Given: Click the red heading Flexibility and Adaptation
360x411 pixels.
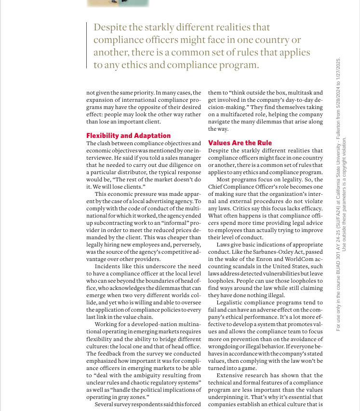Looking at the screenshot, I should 128,136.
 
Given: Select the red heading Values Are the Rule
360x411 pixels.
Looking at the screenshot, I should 240,143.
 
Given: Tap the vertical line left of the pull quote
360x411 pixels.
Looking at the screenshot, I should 87,46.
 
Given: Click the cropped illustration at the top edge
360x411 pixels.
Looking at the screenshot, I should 118,3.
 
